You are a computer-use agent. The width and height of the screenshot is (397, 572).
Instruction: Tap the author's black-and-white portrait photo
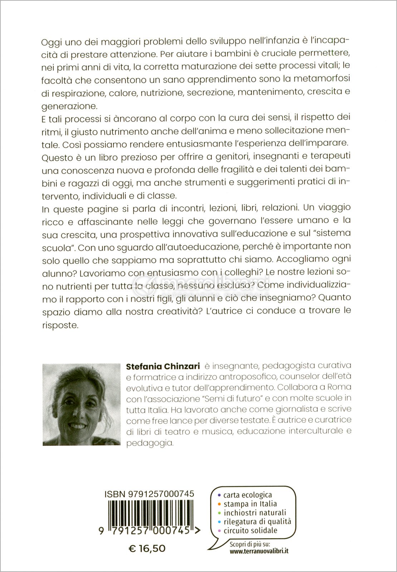81,404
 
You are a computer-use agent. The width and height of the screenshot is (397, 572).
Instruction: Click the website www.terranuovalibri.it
259,561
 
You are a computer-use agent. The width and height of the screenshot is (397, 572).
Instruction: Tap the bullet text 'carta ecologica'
247,495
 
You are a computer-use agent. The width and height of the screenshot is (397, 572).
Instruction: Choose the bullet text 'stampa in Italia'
250,504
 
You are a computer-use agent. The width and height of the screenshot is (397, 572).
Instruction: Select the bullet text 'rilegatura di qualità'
257,522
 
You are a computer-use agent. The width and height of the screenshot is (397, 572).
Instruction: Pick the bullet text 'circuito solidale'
250,530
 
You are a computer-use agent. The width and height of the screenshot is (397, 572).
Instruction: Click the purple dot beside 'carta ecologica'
219,495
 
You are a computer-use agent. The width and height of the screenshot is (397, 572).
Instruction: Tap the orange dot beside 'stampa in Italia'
219,504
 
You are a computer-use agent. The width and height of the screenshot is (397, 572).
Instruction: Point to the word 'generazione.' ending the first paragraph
63,106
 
